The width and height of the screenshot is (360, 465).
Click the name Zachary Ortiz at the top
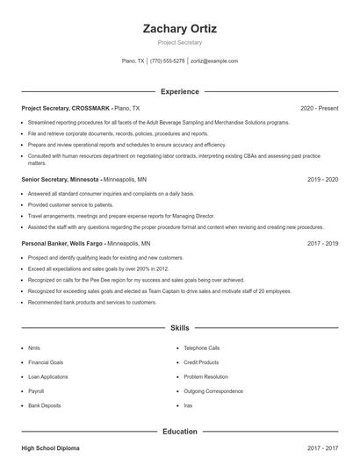[179, 28]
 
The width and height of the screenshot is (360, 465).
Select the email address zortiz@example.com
[214, 61]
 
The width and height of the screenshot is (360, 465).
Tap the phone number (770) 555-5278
[167, 61]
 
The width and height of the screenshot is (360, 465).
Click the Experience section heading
[179, 91]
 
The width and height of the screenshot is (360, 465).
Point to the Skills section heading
[179, 327]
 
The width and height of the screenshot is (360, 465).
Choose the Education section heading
[179, 431]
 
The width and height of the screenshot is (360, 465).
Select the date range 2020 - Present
[319, 108]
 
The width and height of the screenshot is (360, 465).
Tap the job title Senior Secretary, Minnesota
[60, 178]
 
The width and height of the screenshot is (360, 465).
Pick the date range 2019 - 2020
[322, 178]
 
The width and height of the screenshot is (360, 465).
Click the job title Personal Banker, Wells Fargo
[62, 242]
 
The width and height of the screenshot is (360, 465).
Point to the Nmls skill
[34, 347]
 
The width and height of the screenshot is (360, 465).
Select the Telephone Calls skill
[201, 347]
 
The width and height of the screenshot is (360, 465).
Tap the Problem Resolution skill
[205, 376]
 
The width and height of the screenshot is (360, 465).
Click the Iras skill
[188, 405]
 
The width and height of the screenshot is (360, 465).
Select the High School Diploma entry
[50, 447]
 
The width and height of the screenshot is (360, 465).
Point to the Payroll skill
[36, 391]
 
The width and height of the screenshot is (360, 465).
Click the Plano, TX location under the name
[133, 61]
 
